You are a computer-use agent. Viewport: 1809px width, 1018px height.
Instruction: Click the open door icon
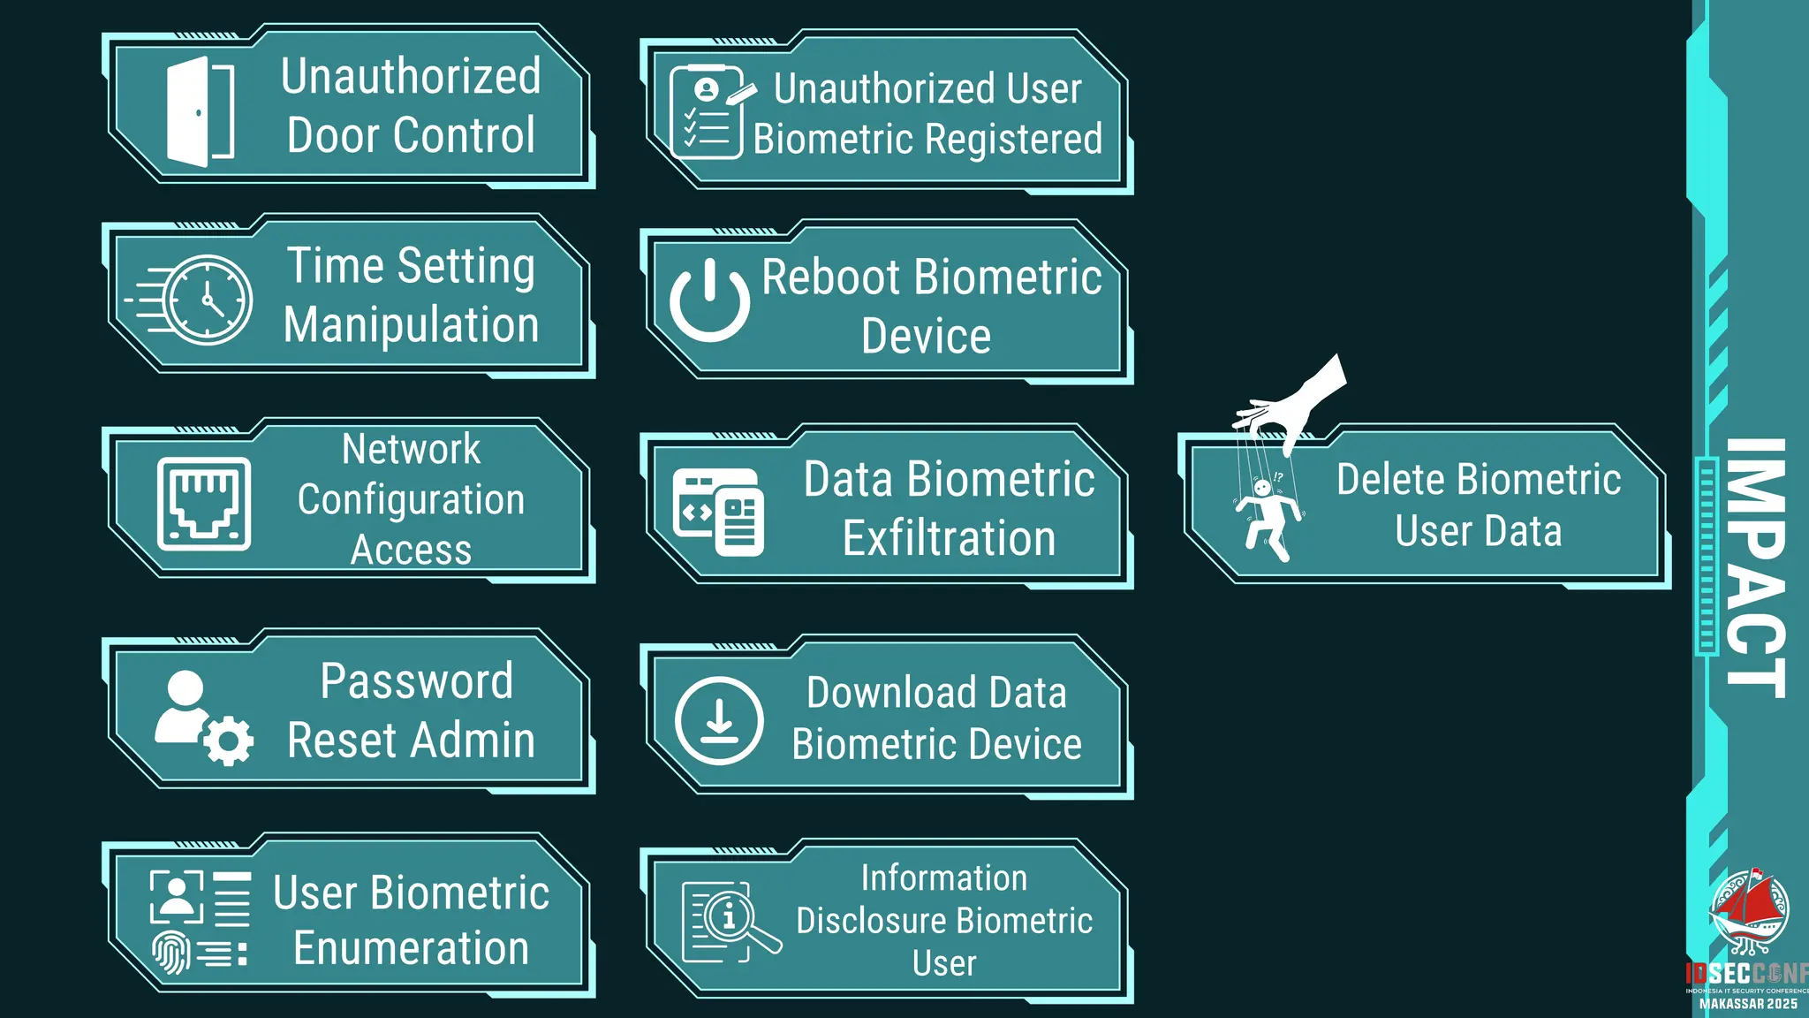point(200,112)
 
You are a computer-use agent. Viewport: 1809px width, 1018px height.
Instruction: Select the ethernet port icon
point(203,504)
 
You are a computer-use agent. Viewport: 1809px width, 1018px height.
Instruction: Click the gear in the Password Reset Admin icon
point(229,741)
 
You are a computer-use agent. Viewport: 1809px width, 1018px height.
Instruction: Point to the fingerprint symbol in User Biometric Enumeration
point(170,952)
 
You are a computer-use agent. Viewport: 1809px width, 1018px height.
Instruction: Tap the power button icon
point(709,300)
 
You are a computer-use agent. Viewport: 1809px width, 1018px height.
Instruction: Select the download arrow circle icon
point(719,720)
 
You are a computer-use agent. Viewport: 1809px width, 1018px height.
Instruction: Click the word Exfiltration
point(949,539)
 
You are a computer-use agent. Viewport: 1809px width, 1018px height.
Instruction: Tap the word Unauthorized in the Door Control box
point(411,76)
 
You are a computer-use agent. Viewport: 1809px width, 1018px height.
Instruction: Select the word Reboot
point(830,277)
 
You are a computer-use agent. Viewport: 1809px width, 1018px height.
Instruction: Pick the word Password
point(416,681)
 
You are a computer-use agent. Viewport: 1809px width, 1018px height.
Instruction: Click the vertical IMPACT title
point(1756,567)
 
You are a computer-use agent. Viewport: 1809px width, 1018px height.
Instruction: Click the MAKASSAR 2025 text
point(1748,1004)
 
